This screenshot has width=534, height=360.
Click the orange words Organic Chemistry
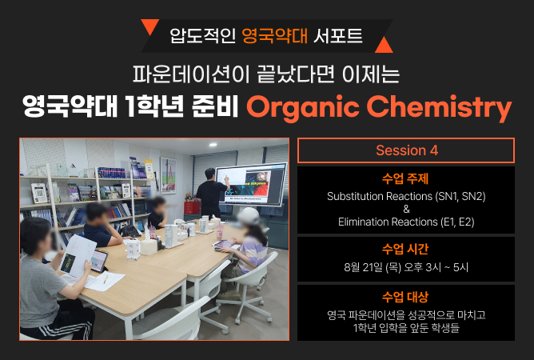(379, 107)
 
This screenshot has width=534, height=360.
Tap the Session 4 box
(406, 150)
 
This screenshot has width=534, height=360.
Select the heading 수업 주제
(405, 178)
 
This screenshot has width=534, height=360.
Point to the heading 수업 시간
(405, 249)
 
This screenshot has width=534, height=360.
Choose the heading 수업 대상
(405, 297)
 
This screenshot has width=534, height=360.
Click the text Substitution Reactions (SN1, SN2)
(406, 197)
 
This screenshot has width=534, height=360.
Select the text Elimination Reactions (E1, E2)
(406, 222)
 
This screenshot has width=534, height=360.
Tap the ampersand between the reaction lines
(406, 210)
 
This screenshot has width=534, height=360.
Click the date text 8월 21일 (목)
(373, 267)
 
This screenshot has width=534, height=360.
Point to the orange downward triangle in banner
(149, 26)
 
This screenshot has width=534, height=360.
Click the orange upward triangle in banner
(384, 45)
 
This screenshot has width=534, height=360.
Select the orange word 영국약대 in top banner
(274, 36)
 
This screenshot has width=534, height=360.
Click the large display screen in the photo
(251, 183)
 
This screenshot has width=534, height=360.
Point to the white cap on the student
(249, 215)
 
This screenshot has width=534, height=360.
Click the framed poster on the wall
(168, 175)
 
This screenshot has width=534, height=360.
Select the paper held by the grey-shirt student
(76, 255)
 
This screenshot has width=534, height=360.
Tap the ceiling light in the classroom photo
(213, 145)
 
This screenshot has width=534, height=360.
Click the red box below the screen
(191, 207)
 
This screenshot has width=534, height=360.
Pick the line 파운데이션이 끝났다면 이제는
(266, 74)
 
